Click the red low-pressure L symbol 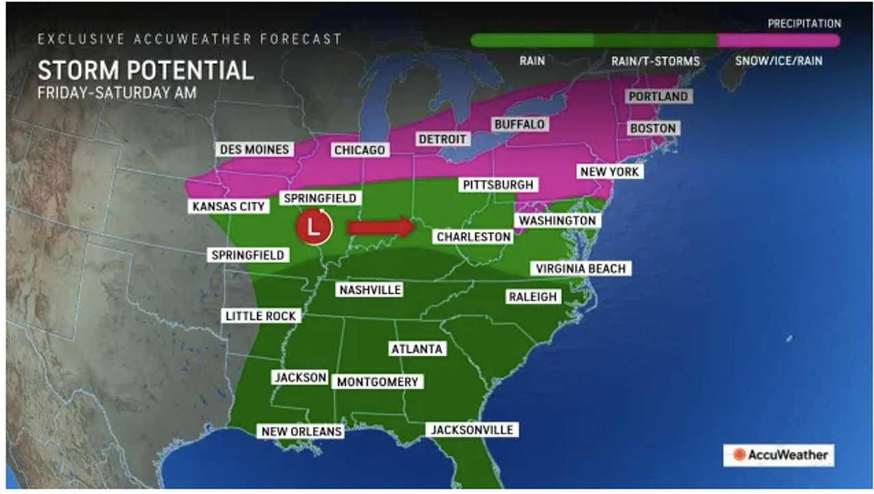[313, 227]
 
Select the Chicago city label [359, 150]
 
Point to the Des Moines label [254, 149]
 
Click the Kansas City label [229, 206]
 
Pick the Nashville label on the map [369, 290]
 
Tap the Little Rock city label [261, 316]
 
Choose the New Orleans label [300, 431]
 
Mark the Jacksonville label [471, 430]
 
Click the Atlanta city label [417, 348]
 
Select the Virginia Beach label [580, 269]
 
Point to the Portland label [658, 96]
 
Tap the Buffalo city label [520, 124]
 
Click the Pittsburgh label [498, 184]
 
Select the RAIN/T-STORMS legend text [655, 61]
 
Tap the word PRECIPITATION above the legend [803, 24]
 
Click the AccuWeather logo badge [779, 454]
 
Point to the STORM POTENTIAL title [145, 70]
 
